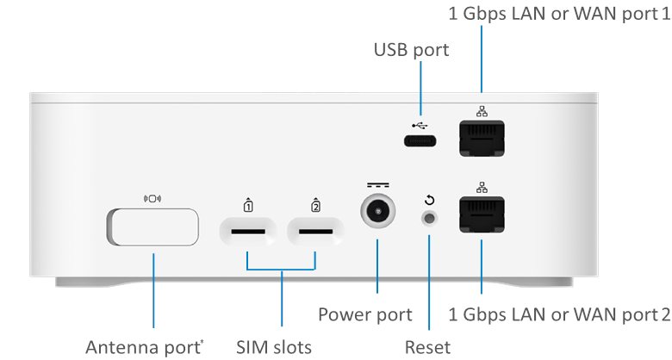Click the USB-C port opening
pyautogui.click(x=420, y=141)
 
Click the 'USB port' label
pyautogui.click(x=412, y=50)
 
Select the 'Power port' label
pyautogui.click(x=366, y=313)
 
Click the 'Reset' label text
pyautogui.click(x=429, y=345)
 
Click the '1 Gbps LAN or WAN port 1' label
pyautogui.click(x=559, y=15)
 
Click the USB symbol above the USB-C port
pyautogui.click(x=420, y=121)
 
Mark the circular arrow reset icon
pyautogui.click(x=429, y=200)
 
